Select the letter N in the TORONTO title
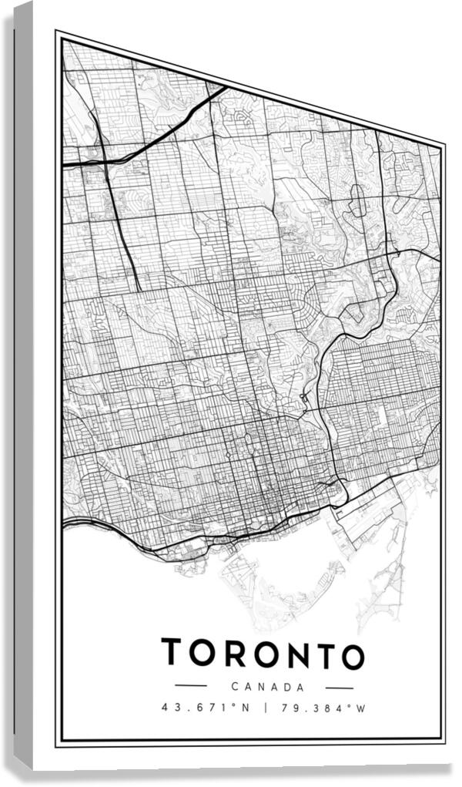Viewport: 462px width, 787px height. (292, 654)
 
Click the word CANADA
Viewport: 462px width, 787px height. (267, 686)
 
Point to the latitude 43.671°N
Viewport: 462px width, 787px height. (205, 707)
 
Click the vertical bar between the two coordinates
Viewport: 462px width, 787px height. (265, 707)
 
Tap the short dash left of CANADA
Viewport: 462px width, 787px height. (190, 685)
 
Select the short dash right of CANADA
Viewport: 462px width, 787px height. (339, 686)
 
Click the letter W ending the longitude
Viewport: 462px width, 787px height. (360, 707)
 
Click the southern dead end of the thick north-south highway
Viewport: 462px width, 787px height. (140, 289)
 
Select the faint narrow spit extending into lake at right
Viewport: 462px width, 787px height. (385, 586)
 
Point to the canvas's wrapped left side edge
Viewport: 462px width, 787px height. (24, 385)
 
